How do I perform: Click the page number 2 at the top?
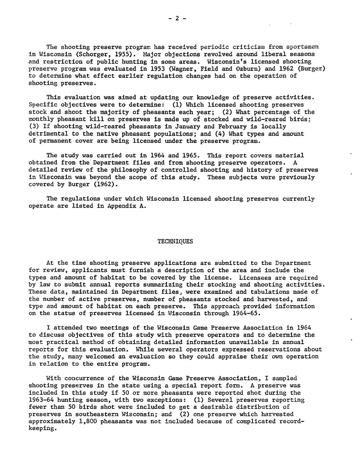pyautogui.click(x=177, y=19)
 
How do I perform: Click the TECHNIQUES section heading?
pyautogui.click(x=175, y=241)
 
